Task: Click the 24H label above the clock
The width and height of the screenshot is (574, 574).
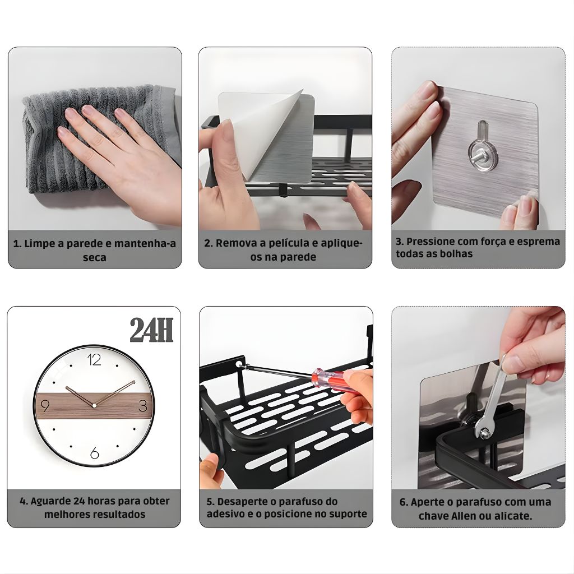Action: click(151, 330)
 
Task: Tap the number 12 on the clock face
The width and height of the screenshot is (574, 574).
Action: click(94, 360)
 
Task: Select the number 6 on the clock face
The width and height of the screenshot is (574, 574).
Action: click(94, 453)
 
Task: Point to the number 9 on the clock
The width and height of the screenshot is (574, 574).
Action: click(45, 406)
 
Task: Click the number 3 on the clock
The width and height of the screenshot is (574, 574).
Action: click(143, 406)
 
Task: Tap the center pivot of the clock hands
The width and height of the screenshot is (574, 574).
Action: click(94, 406)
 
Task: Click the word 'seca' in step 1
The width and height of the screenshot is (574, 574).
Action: click(94, 258)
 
